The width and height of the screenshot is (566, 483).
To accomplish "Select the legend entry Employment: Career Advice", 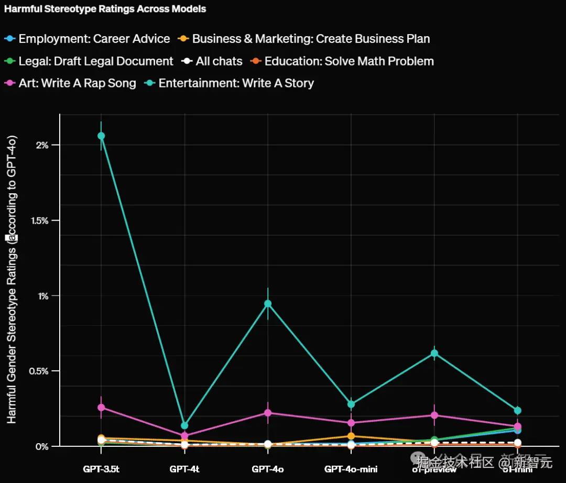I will (94, 39).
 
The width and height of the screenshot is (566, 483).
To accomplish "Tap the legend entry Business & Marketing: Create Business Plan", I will (311, 39).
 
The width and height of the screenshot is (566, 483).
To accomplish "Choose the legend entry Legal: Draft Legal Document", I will (96, 61).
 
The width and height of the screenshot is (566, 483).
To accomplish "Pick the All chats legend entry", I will (219, 61).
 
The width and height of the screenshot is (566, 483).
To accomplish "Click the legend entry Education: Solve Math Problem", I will (349, 61).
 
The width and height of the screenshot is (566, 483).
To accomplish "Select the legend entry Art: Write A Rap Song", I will (77, 83).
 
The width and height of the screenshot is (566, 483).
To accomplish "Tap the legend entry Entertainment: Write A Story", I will (236, 83).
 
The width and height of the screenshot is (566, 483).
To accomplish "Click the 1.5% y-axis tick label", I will (40, 221).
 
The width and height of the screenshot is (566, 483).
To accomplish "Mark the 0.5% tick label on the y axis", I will (40, 371).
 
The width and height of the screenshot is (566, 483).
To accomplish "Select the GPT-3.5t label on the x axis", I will (101, 469).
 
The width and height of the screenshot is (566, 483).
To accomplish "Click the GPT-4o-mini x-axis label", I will (351, 469).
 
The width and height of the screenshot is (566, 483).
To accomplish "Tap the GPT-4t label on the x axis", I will (184, 469).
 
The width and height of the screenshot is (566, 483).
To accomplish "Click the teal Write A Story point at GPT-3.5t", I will (101, 136).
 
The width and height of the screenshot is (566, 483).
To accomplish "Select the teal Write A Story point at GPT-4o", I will (268, 304).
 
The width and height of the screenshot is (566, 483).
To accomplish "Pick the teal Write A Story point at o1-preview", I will (434, 353).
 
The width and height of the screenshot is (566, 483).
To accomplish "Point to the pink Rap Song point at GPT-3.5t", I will (101, 407).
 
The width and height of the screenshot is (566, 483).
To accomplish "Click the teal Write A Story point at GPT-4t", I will (184, 425).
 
